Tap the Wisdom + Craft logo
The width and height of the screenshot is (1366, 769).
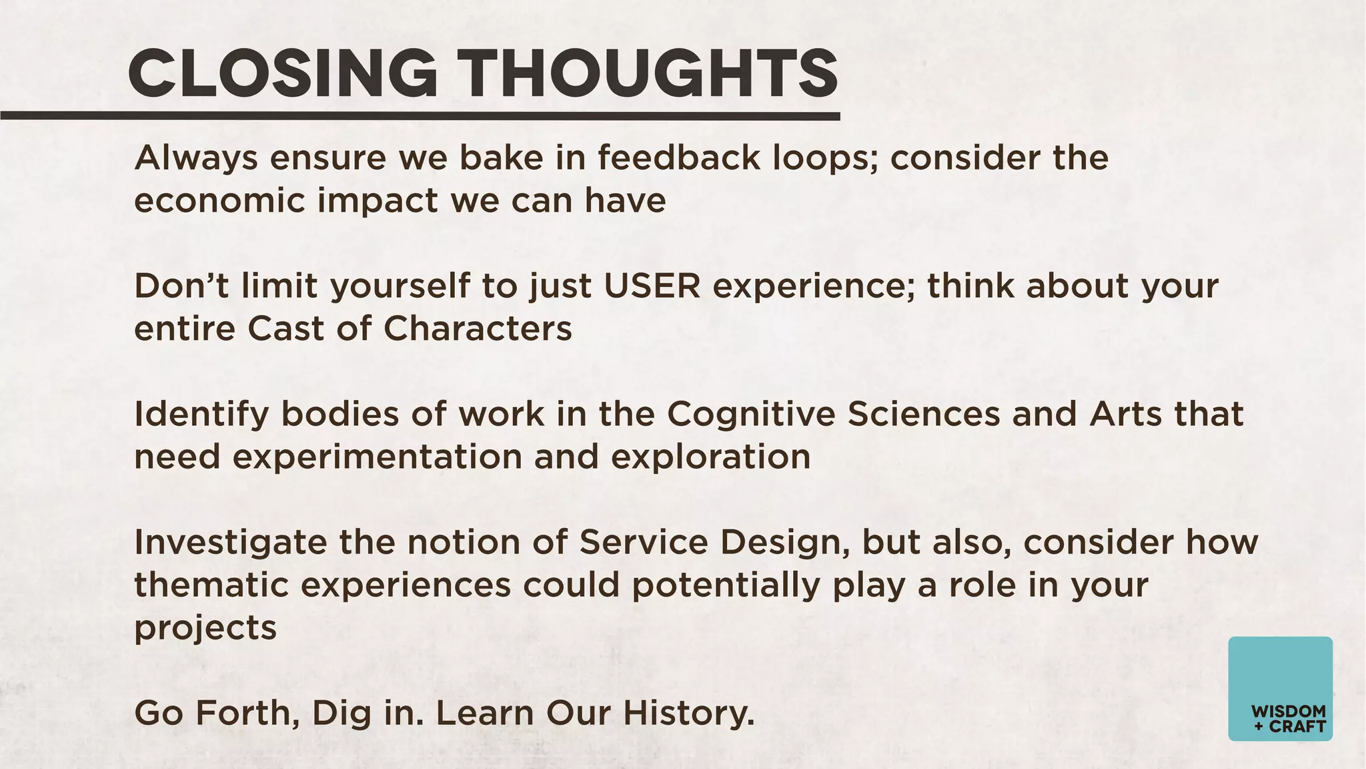[1280, 688]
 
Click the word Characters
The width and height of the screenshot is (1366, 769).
[478, 328]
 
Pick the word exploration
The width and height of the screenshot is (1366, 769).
[710, 457]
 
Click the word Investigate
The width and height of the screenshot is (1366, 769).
[230, 542]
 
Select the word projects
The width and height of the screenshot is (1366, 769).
[205, 629]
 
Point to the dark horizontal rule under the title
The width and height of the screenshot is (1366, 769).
[420, 116]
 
